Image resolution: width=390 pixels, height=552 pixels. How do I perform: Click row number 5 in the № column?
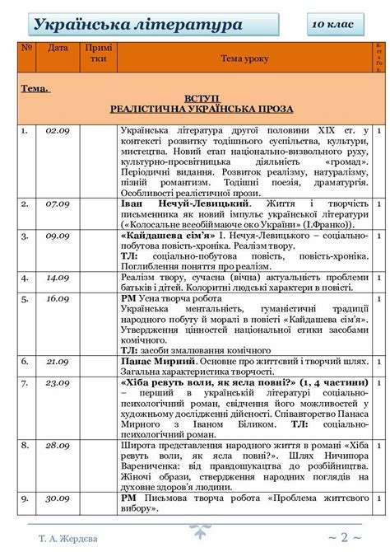pos(25,298)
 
